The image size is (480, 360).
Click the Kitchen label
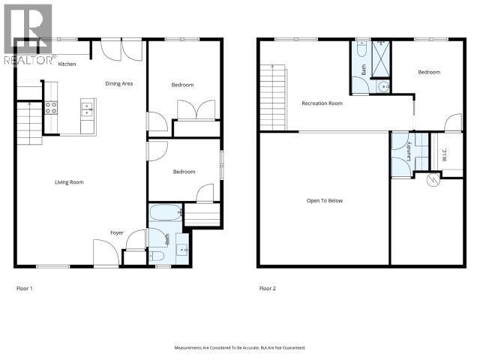(67, 64)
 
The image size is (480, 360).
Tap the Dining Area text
(118, 83)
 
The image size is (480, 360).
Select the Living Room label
(68, 182)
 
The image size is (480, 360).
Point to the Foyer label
(117, 232)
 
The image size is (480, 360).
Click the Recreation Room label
(322, 103)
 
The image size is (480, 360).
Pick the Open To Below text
(324, 201)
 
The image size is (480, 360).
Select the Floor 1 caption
(25, 288)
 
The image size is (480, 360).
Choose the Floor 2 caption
(268, 288)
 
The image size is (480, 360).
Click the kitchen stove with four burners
(52, 107)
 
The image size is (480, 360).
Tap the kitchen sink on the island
(87, 108)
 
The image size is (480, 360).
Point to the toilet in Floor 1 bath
(159, 256)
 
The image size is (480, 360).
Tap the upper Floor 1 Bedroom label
(182, 85)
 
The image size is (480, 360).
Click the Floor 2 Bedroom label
(429, 72)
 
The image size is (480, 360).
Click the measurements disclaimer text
(240, 347)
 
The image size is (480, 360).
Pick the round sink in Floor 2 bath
(384, 86)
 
